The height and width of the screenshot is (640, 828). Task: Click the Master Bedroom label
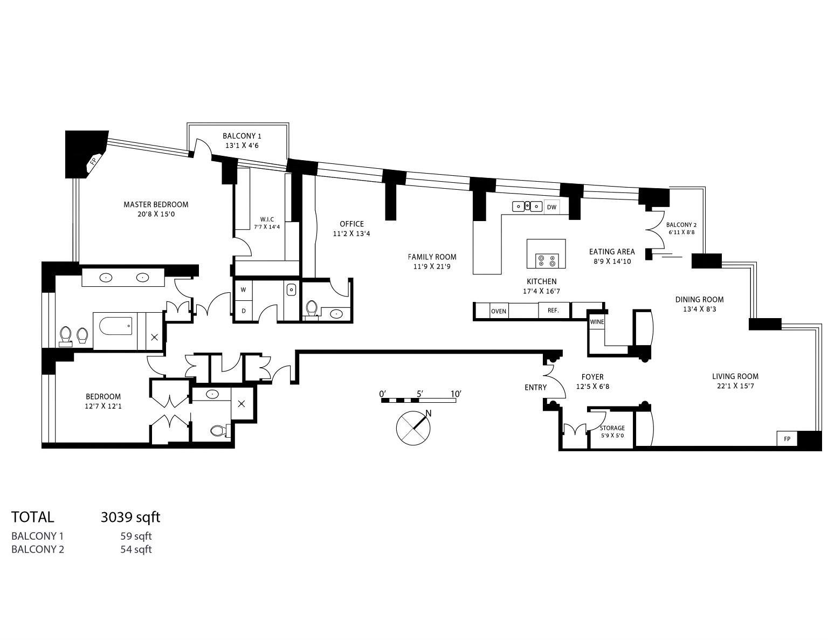click(156, 204)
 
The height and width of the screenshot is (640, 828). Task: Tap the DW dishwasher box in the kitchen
click(551, 207)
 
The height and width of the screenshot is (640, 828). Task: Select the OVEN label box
click(499, 311)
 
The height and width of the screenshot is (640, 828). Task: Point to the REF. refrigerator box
click(553, 310)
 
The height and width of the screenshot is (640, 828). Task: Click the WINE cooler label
click(597, 321)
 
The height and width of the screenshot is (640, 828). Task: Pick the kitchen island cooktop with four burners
click(547, 261)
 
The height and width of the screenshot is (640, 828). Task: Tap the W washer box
click(243, 290)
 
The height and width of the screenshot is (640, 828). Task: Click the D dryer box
click(244, 311)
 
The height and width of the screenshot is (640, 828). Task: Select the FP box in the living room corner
click(787, 438)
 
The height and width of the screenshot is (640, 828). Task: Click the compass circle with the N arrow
click(413, 428)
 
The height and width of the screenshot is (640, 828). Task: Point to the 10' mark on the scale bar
click(456, 394)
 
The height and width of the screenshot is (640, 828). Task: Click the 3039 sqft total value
click(130, 517)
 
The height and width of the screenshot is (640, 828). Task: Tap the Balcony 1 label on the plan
click(242, 136)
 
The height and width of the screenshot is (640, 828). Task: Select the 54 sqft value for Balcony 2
click(136, 549)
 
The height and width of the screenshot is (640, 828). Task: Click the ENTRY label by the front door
click(535, 388)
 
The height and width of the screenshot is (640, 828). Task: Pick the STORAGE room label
click(612, 428)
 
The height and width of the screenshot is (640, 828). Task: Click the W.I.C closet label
click(267, 219)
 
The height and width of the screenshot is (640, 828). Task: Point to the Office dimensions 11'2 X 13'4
click(351, 233)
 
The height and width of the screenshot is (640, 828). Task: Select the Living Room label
click(735, 376)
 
